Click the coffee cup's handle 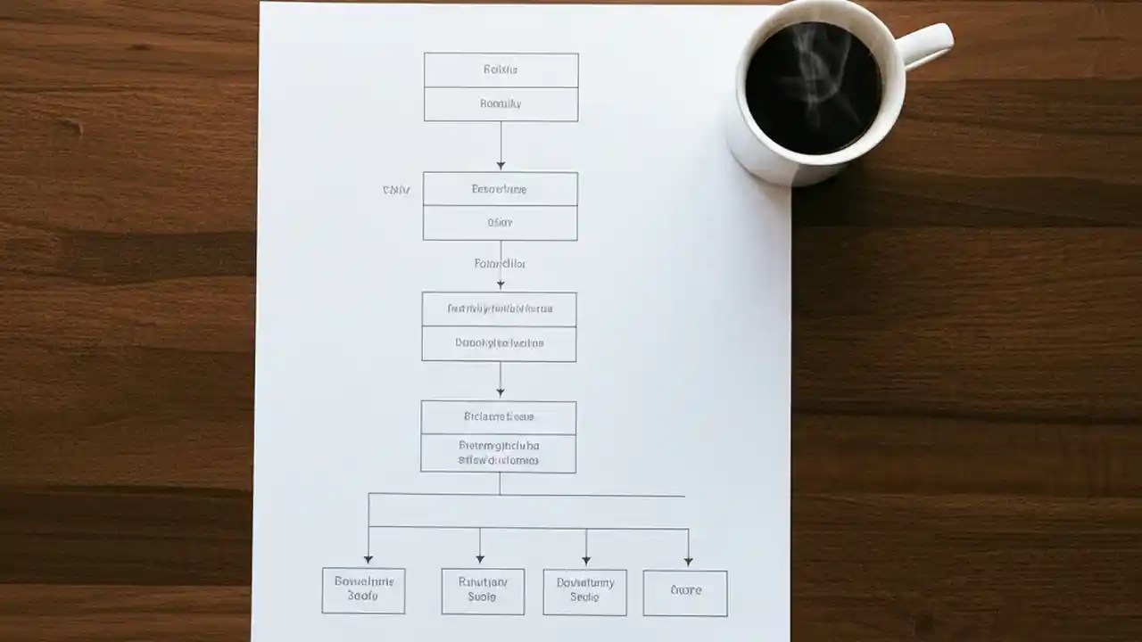pyautogui.click(x=928, y=45)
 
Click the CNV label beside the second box pyautogui.click(x=396, y=190)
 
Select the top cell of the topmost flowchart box pyautogui.click(x=501, y=70)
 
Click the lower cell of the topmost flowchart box pyautogui.click(x=501, y=104)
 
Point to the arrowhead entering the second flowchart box pyautogui.click(x=501, y=165)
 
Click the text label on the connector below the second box pyautogui.click(x=500, y=264)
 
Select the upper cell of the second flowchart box pyautogui.click(x=500, y=189)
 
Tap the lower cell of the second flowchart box pyautogui.click(x=500, y=223)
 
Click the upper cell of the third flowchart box pyautogui.click(x=499, y=309)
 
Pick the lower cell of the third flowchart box pyautogui.click(x=499, y=343)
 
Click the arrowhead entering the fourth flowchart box pyautogui.click(x=500, y=392)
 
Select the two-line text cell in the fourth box pyautogui.click(x=498, y=453)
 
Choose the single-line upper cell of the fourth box pyautogui.click(x=498, y=416)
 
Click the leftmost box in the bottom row pyautogui.click(x=363, y=590)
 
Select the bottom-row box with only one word pyautogui.click(x=685, y=592)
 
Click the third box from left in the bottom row pyautogui.click(x=584, y=592)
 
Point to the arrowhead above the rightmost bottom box pyautogui.click(x=688, y=561)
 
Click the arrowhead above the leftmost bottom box pyautogui.click(x=368, y=558)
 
